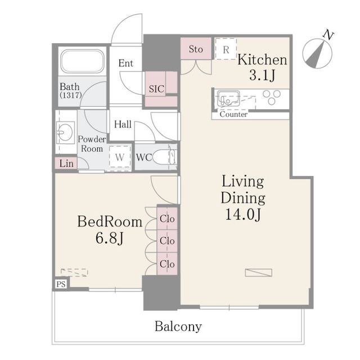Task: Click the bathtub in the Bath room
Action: [x=82, y=61]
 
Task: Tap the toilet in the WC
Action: [x=164, y=157]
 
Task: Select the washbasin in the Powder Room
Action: [x=65, y=133]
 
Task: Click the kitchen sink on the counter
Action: [x=228, y=98]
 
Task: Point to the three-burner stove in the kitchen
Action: [x=272, y=97]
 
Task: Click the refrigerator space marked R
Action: [x=226, y=49]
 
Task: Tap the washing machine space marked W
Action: [x=120, y=157]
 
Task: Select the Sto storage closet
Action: [x=196, y=49]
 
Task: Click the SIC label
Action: [x=156, y=89]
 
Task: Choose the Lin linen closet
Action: [x=66, y=163]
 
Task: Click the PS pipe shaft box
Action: [x=61, y=284]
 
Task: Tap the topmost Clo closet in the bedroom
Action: [x=167, y=219]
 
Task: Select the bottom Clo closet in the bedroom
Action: [x=167, y=264]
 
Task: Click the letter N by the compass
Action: [x=328, y=35]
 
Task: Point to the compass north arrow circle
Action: [x=317, y=54]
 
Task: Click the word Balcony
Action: [x=178, y=326]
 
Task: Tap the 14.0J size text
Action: [x=243, y=214]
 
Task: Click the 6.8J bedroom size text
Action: [x=110, y=238]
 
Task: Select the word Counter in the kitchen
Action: [x=233, y=114]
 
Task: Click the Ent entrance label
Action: [x=126, y=63]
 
